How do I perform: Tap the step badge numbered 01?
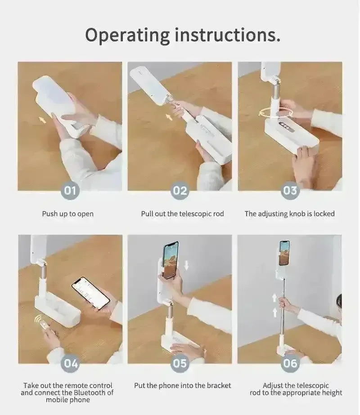coord(70,191)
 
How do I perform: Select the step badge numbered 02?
coord(180,191)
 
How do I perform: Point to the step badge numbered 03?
coord(290,191)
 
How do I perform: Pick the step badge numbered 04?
coord(70,363)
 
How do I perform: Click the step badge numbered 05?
coord(180,363)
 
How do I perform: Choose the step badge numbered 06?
coord(290,363)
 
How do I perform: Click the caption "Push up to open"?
coord(68,214)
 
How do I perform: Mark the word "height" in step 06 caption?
coord(332,393)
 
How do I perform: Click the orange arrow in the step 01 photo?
coord(42,120)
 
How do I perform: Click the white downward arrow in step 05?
coord(186,265)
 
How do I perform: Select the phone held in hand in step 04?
coord(90,293)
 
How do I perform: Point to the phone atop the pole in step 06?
coord(284,253)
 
